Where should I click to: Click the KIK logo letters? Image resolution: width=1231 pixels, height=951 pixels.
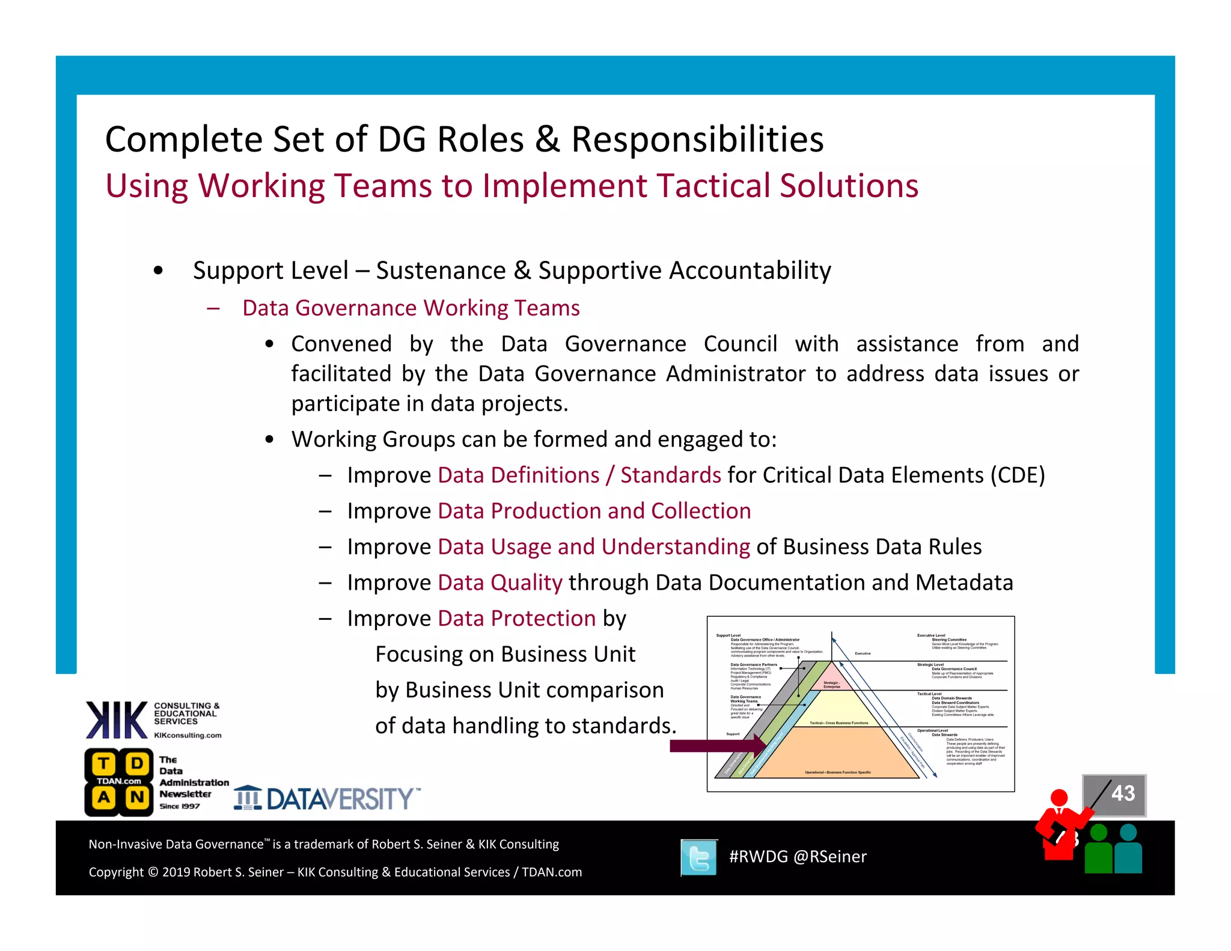coord(117,720)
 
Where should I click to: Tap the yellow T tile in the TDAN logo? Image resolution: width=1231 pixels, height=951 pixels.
coord(104,764)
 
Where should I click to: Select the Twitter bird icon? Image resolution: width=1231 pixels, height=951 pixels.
coord(699,857)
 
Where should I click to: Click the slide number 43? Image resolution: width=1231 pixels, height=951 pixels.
coord(1123,793)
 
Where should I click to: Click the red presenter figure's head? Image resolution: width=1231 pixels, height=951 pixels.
coord(1058,798)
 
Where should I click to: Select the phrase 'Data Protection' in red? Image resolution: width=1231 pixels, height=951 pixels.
coord(517,619)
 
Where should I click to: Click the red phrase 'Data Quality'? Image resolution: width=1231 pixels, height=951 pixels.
coord(500,583)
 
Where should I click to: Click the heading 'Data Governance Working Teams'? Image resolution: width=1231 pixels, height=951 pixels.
coord(411,308)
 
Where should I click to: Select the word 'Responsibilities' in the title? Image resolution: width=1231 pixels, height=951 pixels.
coord(697,139)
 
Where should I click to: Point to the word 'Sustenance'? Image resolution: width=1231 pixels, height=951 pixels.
coord(441,271)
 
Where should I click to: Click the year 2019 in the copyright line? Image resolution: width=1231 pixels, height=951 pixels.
coord(176,872)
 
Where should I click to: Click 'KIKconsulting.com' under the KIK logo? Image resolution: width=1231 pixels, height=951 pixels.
coord(188,735)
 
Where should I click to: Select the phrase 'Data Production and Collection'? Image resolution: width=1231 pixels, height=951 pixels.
coord(594,511)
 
